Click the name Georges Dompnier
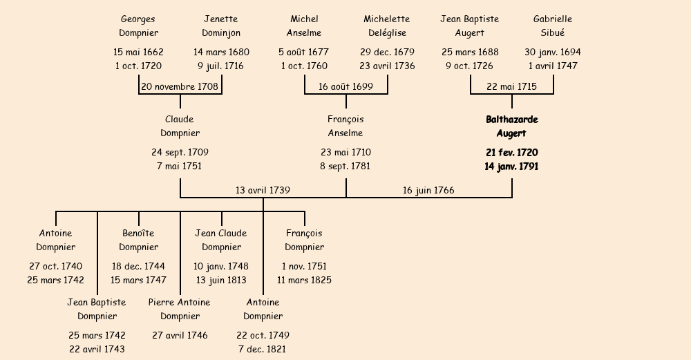pyautogui.click(x=138, y=26)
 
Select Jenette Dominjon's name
pyautogui.click(x=221, y=26)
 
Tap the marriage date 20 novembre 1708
pyautogui.click(x=180, y=87)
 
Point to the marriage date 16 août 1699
pyautogui.click(x=345, y=87)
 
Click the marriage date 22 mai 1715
pyautogui.click(x=511, y=87)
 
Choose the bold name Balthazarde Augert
pyautogui.click(x=511, y=126)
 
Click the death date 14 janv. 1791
pyautogui.click(x=511, y=167)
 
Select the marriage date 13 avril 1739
pyautogui.click(x=263, y=190)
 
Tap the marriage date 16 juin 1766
pyautogui.click(x=428, y=190)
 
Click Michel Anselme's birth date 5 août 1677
pyautogui.click(x=304, y=53)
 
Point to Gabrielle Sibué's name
pyautogui.click(x=553, y=26)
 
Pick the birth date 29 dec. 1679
pyautogui.click(x=387, y=53)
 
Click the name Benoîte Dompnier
pyautogui.click(x=138, y=240)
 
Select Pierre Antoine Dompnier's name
pyautogui.click(x=180, y=309)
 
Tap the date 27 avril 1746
pyautogui.click(x=180, y=336)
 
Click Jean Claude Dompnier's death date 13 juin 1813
pyautogui.click(x=221, y=281)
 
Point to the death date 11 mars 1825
pyautogui.click(x=304, y=281)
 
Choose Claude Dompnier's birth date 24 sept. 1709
pyautogui.click(x=180, y=153)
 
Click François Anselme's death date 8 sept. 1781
pyautogui.click(x=345, y=167)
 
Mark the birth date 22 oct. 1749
pyautogui.click(x=263, y=336)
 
